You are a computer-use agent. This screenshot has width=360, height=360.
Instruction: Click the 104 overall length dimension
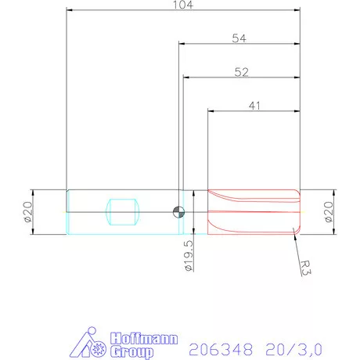pyautogui.click(x=185, y=5)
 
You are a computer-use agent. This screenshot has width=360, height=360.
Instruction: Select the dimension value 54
pyautogui.click(x=239, y=38)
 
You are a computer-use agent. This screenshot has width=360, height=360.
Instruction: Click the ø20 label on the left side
pyautogui.click(x=27, y=212)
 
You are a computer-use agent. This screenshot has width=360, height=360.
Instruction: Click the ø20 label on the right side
pyautogui.click(x=329, y=212)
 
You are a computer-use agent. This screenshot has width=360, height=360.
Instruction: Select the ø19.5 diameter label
pyautogui.click(x=188, y=257)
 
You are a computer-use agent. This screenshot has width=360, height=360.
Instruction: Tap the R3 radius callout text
pyautogui.click(x=307, y=268)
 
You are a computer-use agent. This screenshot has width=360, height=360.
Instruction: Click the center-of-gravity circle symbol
pyautogui.click(x=179, y=210)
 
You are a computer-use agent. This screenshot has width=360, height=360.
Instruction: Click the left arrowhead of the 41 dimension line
pyautogui.click(x=209, y=110)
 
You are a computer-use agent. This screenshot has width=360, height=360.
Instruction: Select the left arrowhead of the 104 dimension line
pyautogui.click(x=69, y=11)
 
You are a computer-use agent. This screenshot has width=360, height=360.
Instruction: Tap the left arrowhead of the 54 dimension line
pyautogui.click(x=182, y=45)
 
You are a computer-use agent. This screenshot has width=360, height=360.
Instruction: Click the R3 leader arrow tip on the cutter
pyautogui.click(x=293, y=228)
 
